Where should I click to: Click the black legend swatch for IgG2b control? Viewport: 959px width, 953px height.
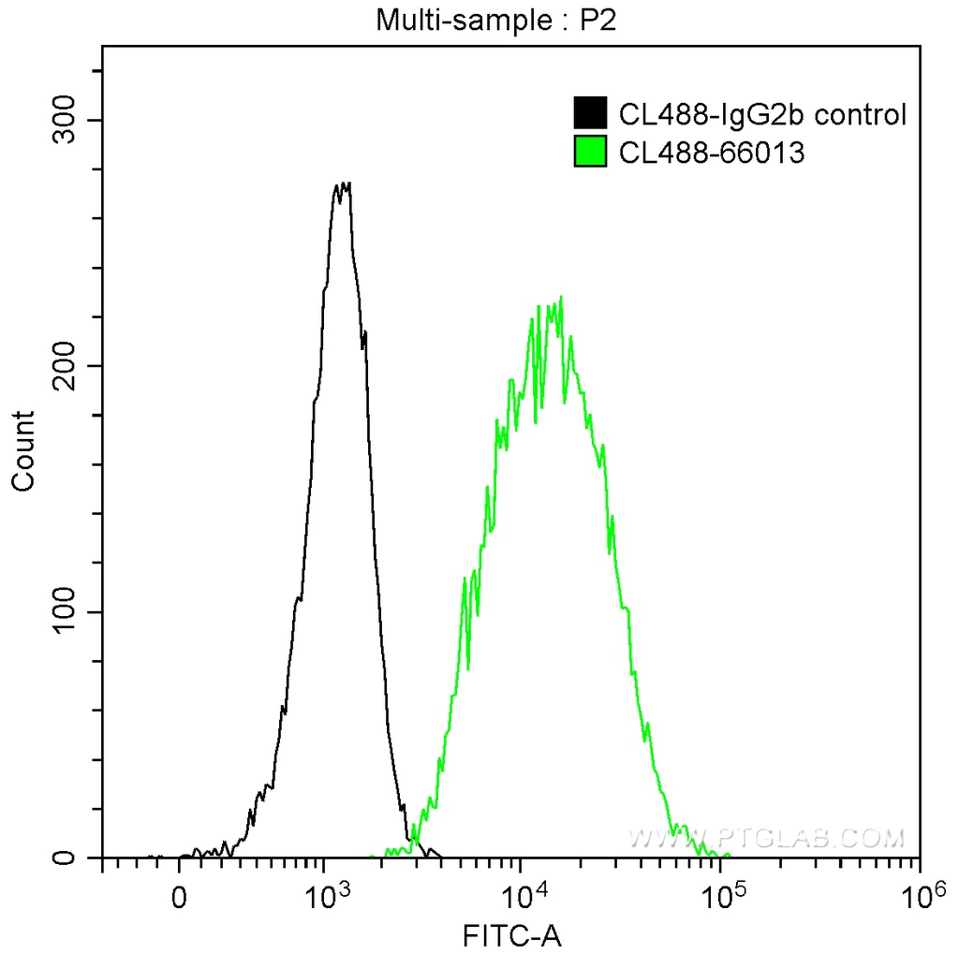pyautogui.click(x=590, y=114)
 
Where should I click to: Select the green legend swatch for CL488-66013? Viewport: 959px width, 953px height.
pyautogui.click(x=590, y=151)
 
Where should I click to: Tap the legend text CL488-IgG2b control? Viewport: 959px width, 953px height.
pyautogui.click(x=762, y=114)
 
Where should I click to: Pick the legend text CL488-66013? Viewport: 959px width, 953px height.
pyautogui.click(x=712, y=151)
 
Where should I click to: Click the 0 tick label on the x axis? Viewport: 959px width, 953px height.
pyautogui.click(x=179, y=901)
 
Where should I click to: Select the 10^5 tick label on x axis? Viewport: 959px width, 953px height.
pyautogui.click(x=720, y=899)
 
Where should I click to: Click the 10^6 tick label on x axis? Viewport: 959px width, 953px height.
pyautogui.click(x=919, y=899)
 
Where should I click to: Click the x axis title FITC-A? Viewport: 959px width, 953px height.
pyautogui.click(x=510, y=934)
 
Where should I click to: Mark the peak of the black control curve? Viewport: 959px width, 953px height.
pyautogui.click(x=344, y=184)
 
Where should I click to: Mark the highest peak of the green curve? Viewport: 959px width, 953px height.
pyautogui.click(x=560, y=299)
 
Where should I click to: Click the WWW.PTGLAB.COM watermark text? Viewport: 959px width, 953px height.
pyautogui.click(x=767, y=836)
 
